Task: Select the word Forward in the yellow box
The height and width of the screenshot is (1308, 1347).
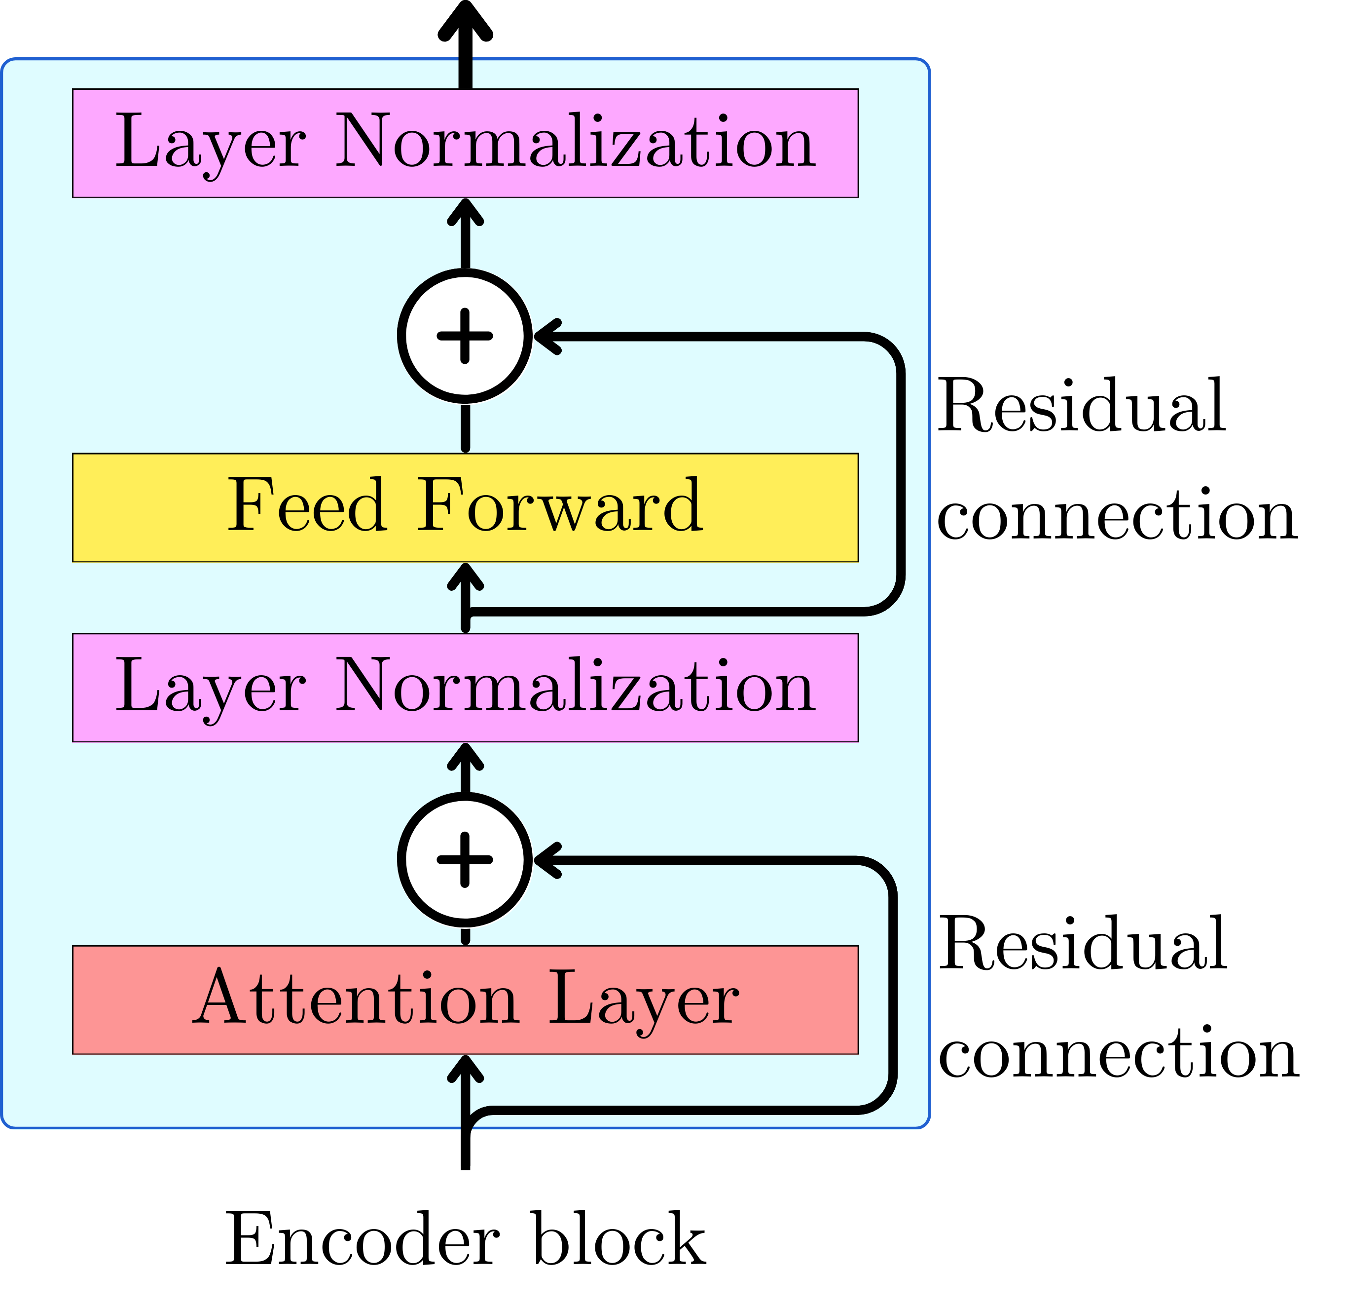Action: (x=560, y=507)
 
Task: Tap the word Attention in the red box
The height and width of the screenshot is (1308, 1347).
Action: (x=355, y=999)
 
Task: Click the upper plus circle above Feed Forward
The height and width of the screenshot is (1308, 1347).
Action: (x=465, y=336)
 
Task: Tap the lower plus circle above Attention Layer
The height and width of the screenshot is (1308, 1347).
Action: (x=465, y=860)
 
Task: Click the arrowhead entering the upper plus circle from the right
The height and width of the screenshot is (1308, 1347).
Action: (x=548, y=336)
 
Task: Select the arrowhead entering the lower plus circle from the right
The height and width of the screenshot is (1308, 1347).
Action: (x=548, y=860)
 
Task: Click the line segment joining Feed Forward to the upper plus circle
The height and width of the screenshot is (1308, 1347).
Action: (x=465, y=428)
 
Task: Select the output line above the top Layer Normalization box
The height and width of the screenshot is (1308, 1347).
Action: (x=465, y=73)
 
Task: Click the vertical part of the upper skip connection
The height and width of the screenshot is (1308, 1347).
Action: (x=900, y=474)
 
